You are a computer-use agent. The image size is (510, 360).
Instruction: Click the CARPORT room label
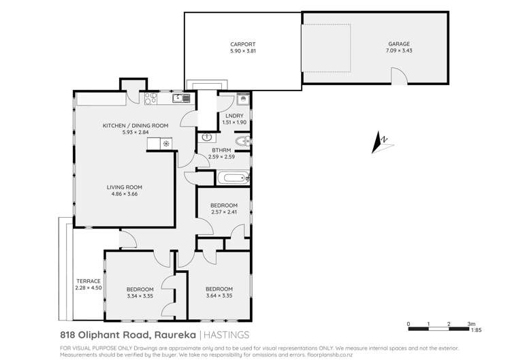click(x=242, y=44)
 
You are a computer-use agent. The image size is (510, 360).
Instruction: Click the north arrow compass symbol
click(x=381, y=144)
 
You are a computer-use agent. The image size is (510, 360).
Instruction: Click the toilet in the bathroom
click(x=247, y=140)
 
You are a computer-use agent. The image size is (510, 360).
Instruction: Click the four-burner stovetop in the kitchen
click(x=151, y=99)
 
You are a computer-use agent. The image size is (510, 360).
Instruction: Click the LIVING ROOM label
click(x=124, y=187)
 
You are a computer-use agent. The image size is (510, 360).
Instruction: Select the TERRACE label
click(x=88, y=281)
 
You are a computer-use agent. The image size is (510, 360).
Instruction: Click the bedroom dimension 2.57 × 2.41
click(x=223, y=212)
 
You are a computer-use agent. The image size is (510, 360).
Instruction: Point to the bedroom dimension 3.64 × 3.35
click(x=219, y=295)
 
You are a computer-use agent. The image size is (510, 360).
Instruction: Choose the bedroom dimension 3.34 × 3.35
click(x=140, y=296)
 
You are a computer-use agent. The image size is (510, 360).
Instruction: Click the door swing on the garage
click(x=403, y=80)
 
